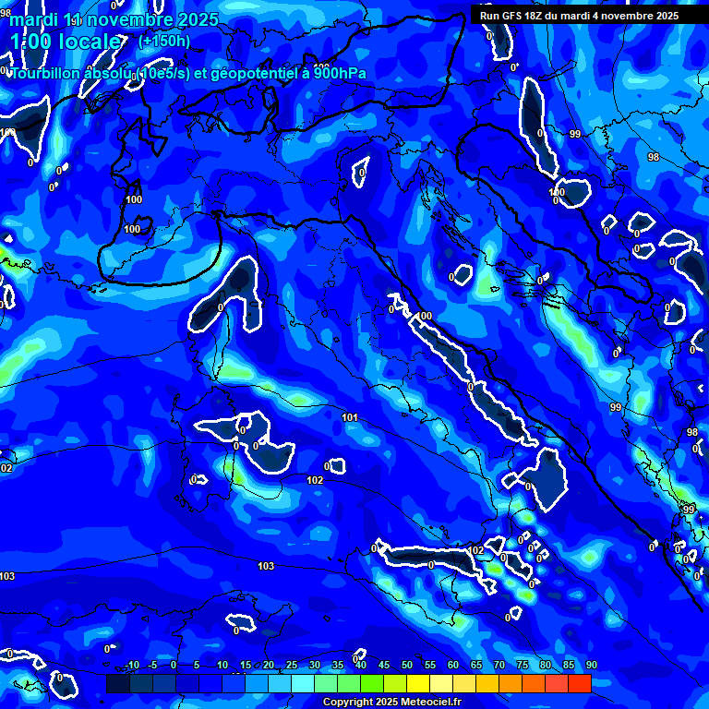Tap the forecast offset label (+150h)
tap(163, 41)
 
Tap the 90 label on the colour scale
tap(591, 666)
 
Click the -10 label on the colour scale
tap(131, 666)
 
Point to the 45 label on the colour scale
tap(383, 666)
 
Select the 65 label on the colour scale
tap(476, 666)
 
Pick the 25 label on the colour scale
tap(291, 666)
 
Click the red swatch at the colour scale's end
tap(579, 683)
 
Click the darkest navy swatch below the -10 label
tap(117, 683)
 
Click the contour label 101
tap(350, 418)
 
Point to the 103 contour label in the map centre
tap(266, 566)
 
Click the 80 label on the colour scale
tap(545, 666)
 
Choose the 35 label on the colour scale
tap(337, 666)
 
